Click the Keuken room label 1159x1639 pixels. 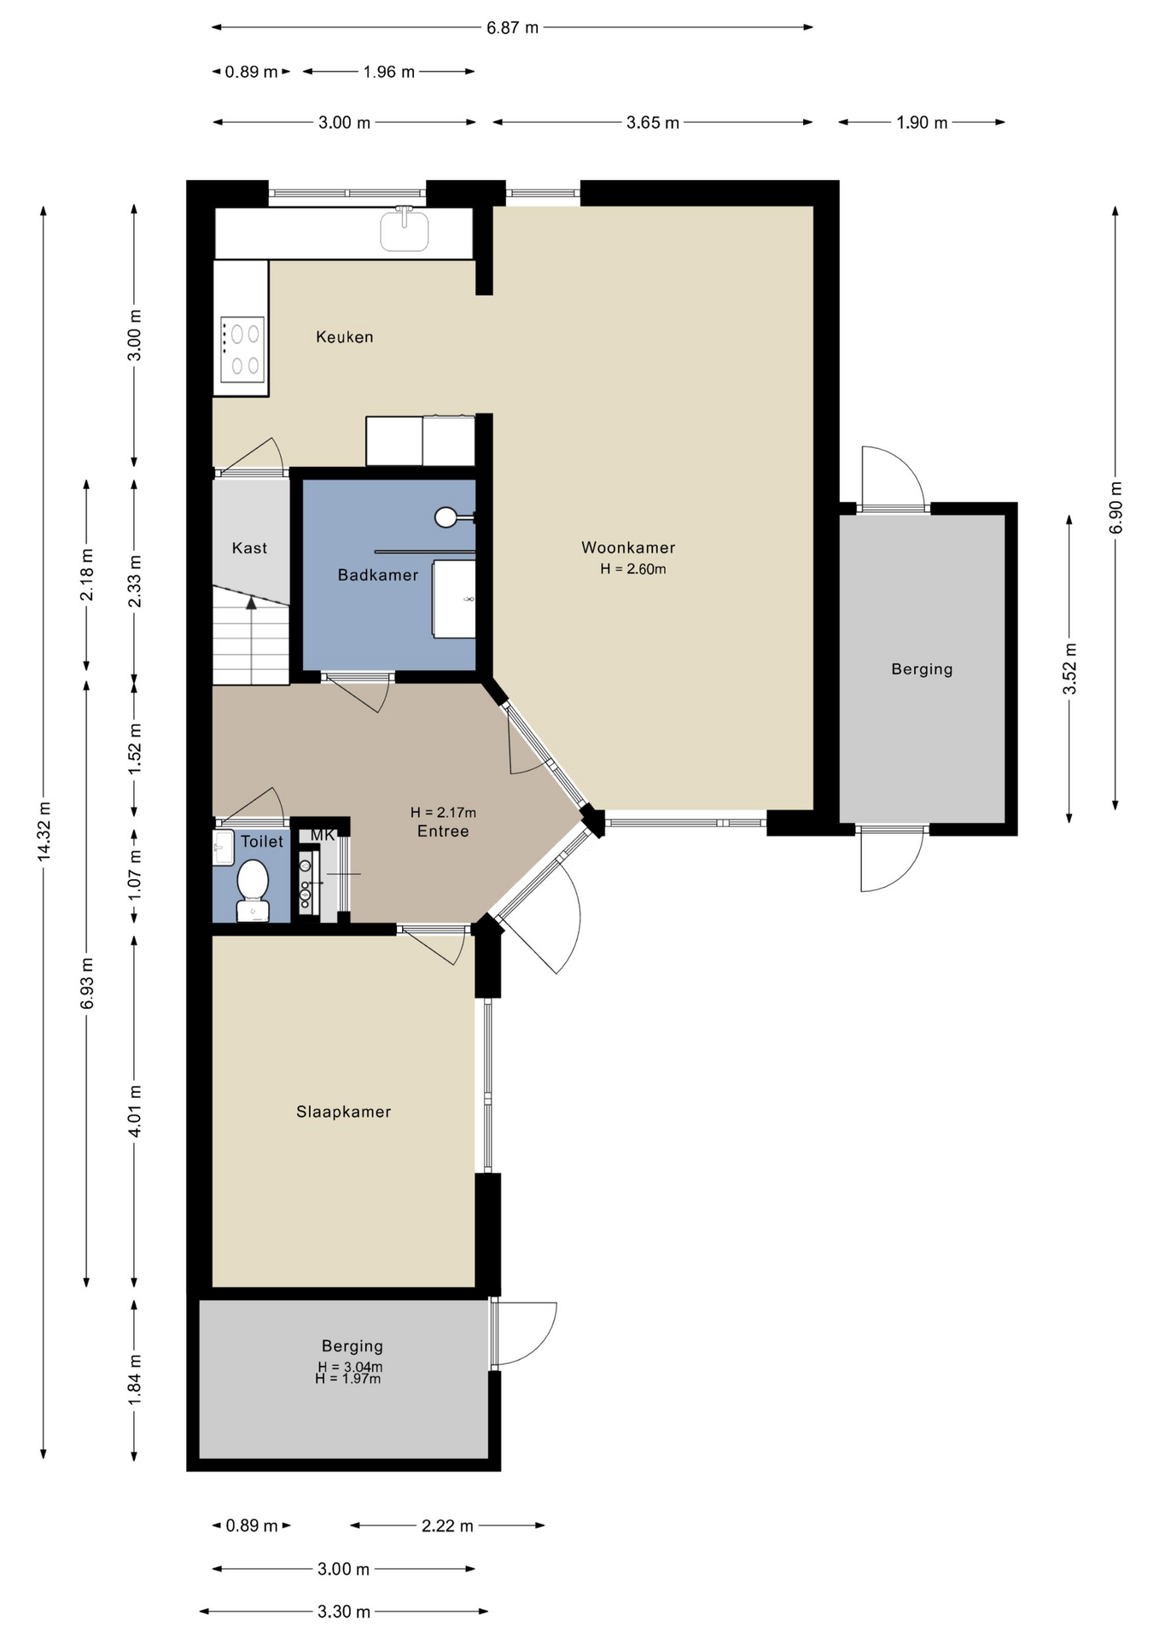coord(345,337)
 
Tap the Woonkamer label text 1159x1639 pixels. coord(628,548)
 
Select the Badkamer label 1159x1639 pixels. coord(378,575)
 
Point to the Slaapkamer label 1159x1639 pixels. coord(344,1112)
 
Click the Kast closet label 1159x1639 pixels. coord(250,548)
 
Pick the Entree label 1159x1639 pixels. coord(443,831)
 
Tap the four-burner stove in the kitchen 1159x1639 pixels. coord(242,350)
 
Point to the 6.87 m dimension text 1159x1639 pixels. coord(513,27)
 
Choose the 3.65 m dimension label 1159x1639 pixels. coord(653,123)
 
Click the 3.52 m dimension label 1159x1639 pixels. coord(1070,669)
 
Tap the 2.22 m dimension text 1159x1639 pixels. coord(447,1526)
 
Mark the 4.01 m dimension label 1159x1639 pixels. coord(135,1111)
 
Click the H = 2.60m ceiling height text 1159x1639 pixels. coord(633,569)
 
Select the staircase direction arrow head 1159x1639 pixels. coord(252,603)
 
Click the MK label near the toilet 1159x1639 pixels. coord(323,835)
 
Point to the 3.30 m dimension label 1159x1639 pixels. coord(344,1613)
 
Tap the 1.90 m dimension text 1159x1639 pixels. coord(922,123)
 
